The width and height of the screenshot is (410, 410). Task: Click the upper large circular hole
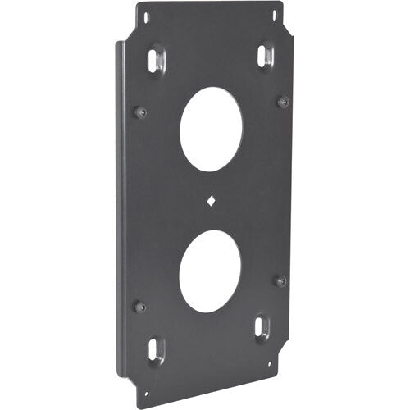click(211, 128)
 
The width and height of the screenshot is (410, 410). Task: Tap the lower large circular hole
click(210, 271)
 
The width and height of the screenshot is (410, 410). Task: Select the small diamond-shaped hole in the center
click(211, 199)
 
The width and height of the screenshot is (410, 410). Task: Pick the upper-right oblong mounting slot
click(264, 56)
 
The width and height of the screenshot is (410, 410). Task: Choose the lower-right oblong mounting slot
click(262, 327)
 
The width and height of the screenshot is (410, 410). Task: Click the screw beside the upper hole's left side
click(140, 112)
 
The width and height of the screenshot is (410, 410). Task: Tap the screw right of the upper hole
click(283, 101)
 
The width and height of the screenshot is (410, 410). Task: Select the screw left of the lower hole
click(139, 306)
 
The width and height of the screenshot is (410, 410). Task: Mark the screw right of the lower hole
click(280, 280)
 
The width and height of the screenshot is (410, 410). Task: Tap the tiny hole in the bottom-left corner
click(144, 379)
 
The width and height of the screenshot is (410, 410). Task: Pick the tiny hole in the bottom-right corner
click(269, 364)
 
